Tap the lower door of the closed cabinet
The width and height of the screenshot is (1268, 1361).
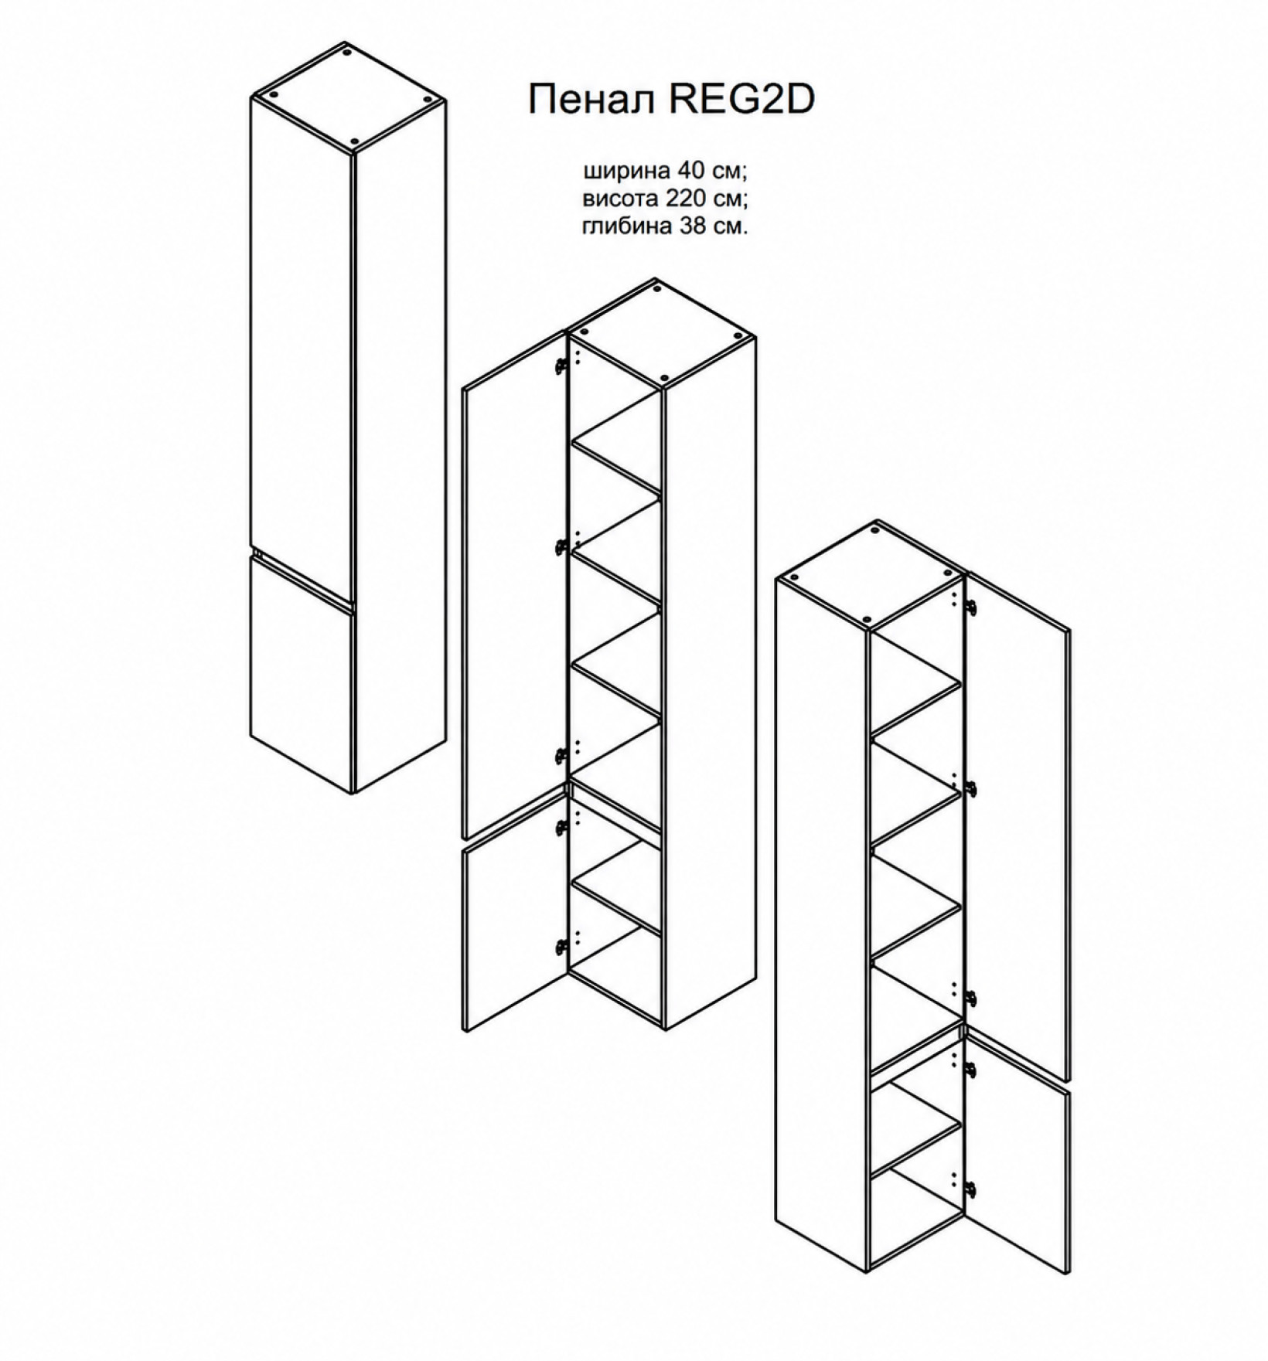tap(302, 672)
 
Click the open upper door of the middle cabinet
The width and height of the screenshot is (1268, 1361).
tap(513, 585)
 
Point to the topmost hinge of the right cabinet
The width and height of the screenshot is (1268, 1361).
tap(973, 611)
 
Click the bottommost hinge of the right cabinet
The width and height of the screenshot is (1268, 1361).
tap(973, 1187)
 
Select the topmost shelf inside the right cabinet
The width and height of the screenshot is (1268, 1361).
tap(917, 703)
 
